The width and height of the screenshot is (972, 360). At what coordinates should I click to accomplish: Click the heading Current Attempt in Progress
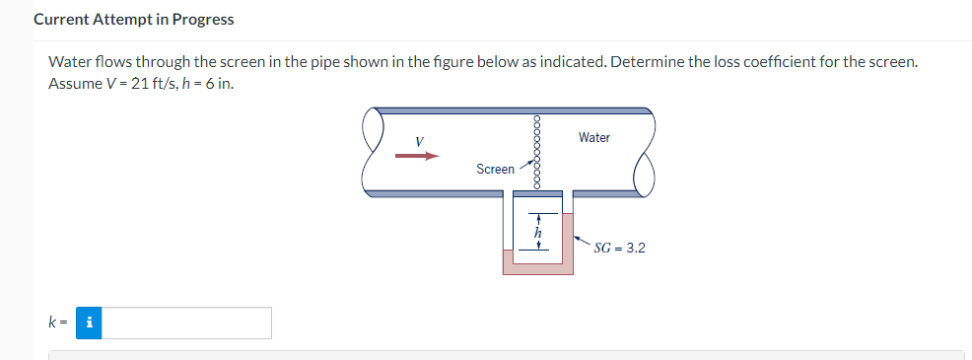point(134,20)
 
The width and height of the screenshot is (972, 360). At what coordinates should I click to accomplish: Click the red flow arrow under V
point(416,155)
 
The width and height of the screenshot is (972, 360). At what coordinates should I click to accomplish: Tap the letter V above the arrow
point(419,141)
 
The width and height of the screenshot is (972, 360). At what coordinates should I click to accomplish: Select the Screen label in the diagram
point(495,170)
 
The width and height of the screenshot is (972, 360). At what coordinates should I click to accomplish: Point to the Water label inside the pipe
point(593,138)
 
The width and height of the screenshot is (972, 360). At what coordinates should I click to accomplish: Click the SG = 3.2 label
point(620,248)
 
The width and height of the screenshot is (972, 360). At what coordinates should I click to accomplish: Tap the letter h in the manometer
point(537,233)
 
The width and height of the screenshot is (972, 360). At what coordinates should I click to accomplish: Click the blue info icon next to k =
point(90,323)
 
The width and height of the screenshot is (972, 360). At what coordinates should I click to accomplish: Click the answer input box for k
point(187,323)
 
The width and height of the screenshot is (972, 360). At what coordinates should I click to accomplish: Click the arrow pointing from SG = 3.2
point(583,241)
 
